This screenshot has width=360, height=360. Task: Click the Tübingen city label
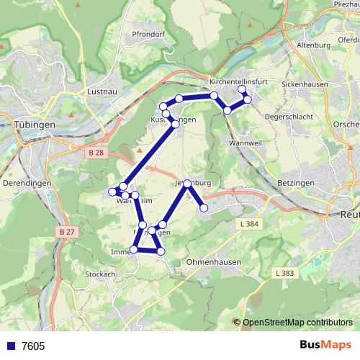[35, 124]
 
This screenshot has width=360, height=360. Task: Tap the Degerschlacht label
[288, 115]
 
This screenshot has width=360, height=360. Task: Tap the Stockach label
[100, 274]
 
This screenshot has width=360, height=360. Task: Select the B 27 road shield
[67, 232]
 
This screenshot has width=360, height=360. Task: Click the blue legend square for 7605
[11, 346]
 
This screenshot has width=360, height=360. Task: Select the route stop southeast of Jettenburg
[204, 208]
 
